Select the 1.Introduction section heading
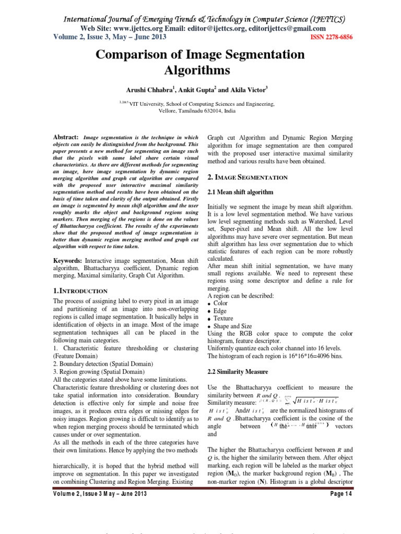click(81, 290)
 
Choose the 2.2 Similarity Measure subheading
click(238, 372)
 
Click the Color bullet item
click(221, 303)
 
